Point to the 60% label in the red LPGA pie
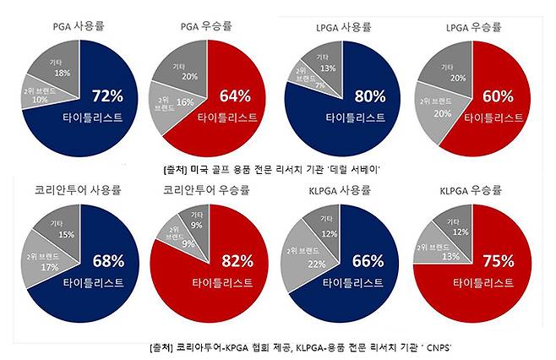click(493, 95)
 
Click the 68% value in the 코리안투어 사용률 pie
click(108, 261)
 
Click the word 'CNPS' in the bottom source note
click(437, 347)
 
